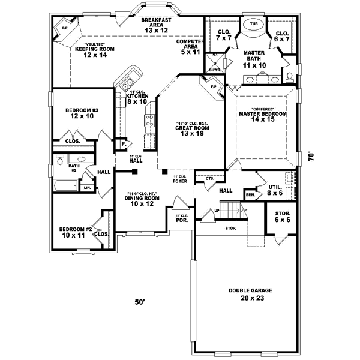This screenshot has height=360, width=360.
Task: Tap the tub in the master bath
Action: [x=254, y=26]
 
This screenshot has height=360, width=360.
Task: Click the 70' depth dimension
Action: [x=311, y=156]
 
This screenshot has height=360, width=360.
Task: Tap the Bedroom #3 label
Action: [x=82, y=113]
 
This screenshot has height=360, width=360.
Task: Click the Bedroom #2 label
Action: [x=75, y=232]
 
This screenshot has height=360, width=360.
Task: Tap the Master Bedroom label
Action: [x=262, y=116]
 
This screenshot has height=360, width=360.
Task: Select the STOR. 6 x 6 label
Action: [x=283, y=217]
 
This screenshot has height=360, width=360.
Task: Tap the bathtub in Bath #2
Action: [x=65, y=185]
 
